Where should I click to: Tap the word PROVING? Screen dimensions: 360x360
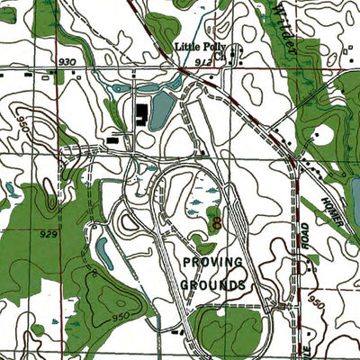[212, 262]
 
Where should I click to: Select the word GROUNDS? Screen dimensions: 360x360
[212, 284]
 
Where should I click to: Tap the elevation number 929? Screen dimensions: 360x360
[49, 233]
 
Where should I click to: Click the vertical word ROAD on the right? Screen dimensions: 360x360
[305, 236]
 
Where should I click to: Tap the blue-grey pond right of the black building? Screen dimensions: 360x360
[161, 112]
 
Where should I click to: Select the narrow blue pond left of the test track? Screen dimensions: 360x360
[104, 253]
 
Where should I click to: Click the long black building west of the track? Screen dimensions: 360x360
[118, 140]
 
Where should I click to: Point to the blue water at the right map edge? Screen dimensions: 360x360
[355, 189]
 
